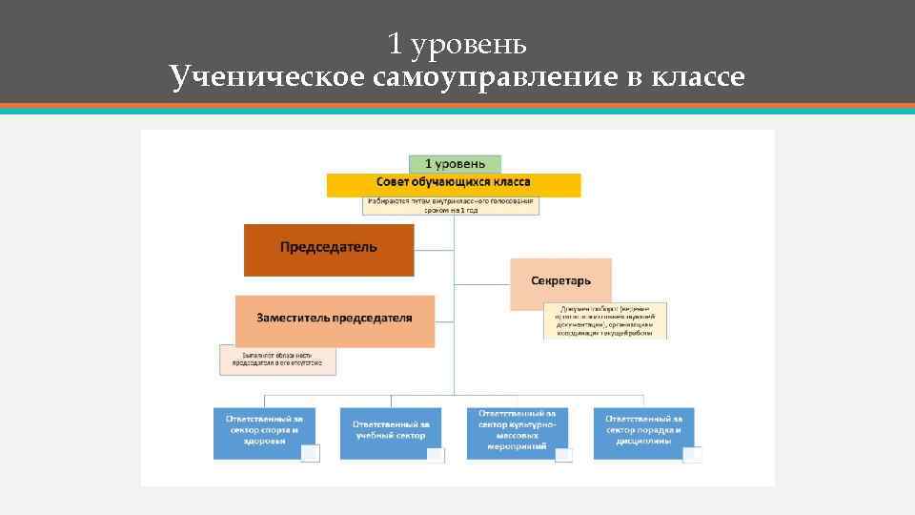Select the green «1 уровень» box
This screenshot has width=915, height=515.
click(455, 164)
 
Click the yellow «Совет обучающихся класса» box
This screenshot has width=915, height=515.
click(453, 183)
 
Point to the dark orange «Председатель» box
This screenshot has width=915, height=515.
click(329, 249)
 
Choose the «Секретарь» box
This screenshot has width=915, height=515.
click(560, 282)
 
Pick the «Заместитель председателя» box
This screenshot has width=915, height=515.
click(335, 319)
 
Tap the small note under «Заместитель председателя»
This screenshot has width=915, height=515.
click(277, 360)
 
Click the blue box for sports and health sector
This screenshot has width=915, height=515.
click(263, 431)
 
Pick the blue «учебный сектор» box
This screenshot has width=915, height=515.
click(390, 431)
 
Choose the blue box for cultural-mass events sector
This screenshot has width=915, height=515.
click(517, 431)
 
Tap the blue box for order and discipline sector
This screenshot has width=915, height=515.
click(643, 431)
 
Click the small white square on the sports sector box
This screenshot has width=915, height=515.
click(310, 454)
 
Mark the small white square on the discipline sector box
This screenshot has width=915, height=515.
click(692, 455)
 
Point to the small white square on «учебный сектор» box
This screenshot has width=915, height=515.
click(436, 455)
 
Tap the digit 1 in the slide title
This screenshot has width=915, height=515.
click(395, 45)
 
